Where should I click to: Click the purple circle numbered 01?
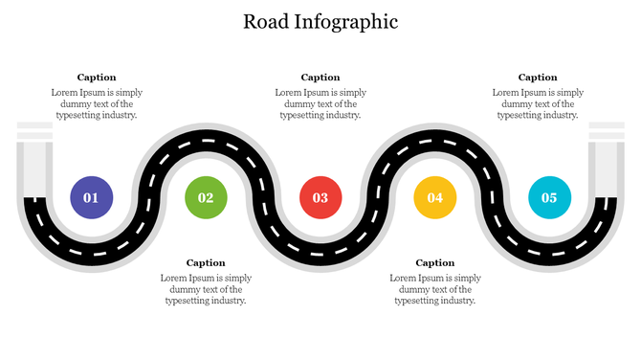(x=91, y=197)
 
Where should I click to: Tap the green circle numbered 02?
(x=206, y=197)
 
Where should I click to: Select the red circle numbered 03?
(x=320, y=197)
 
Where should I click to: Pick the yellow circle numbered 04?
(x=435, y=197)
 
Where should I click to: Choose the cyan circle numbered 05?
(x=549, y=197)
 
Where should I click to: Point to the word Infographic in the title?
(x=347, y=21)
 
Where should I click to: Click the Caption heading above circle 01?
(x=97, y=78)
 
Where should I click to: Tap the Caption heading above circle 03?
(x=320, y=78)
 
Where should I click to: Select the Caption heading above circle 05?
(x=538, y=78)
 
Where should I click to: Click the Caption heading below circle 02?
(x=206, y=262)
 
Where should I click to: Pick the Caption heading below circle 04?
(x=435, y=262)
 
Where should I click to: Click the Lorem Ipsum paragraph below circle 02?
(x=206, y=289)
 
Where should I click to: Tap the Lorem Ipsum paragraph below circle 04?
(x=435, y=289)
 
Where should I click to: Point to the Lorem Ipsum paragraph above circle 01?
(x=97, y=103)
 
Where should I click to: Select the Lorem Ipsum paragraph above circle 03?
(x=320, y=103)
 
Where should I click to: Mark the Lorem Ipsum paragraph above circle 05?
(x=538, y=103)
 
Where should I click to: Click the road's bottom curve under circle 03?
(x=320, y=255)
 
